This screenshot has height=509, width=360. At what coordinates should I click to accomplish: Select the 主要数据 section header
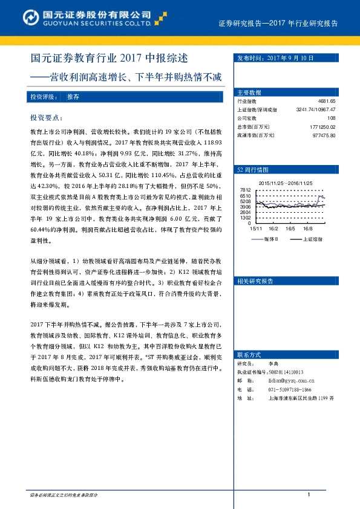249,92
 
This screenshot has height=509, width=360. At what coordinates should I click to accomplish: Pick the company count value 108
331,118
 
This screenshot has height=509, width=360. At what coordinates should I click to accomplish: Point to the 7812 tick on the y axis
245,190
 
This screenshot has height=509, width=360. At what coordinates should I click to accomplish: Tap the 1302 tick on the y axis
245,218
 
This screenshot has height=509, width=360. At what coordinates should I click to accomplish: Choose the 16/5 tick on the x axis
290,229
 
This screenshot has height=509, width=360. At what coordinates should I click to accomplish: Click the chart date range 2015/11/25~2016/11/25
285,183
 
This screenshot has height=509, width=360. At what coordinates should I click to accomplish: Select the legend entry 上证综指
312,239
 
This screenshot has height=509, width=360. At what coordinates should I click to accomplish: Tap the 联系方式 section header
249,354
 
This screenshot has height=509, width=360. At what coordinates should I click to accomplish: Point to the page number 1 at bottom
309,496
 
